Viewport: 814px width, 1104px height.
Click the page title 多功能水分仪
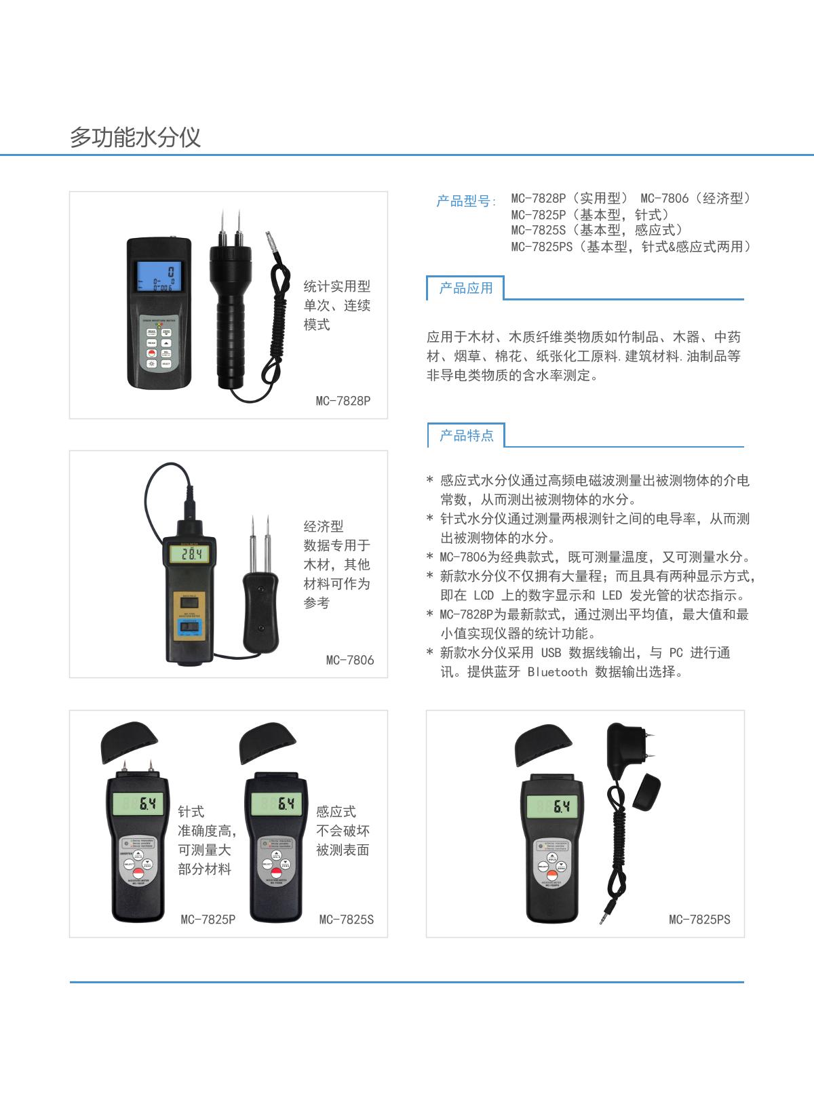[x=135, y=138]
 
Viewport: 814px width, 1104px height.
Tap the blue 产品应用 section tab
[x=465, y=288]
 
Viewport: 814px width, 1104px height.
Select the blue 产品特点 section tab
[x=466, y=435]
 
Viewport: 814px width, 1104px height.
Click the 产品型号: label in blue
[x=466, y=201]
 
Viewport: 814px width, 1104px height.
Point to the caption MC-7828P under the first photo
[x=343, y=400]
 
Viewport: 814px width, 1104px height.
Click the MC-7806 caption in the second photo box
[x=349, y=660]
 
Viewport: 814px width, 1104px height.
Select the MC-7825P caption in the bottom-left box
[x=208, y=920]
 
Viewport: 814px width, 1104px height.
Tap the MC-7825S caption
[x=346, y=920]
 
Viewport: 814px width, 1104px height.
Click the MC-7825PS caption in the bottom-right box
[x=699, y=920]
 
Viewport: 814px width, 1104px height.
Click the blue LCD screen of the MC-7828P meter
[x=159, y=277]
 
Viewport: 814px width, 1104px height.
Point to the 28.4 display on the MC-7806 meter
[x=189, y=555]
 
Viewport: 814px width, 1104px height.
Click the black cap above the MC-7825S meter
[x=268, y=744]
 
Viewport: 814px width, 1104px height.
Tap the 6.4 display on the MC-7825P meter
[x=138, y=804]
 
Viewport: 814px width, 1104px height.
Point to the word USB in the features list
[x=551, y=653]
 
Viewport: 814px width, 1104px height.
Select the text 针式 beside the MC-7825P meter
[x=191, y=812]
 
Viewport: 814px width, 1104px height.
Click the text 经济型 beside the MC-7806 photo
[x=324, y=526]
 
